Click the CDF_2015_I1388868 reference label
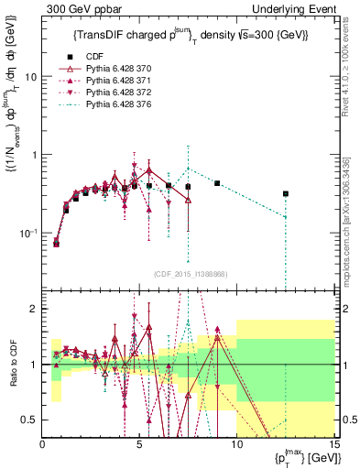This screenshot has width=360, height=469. click(x=190, y=274)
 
